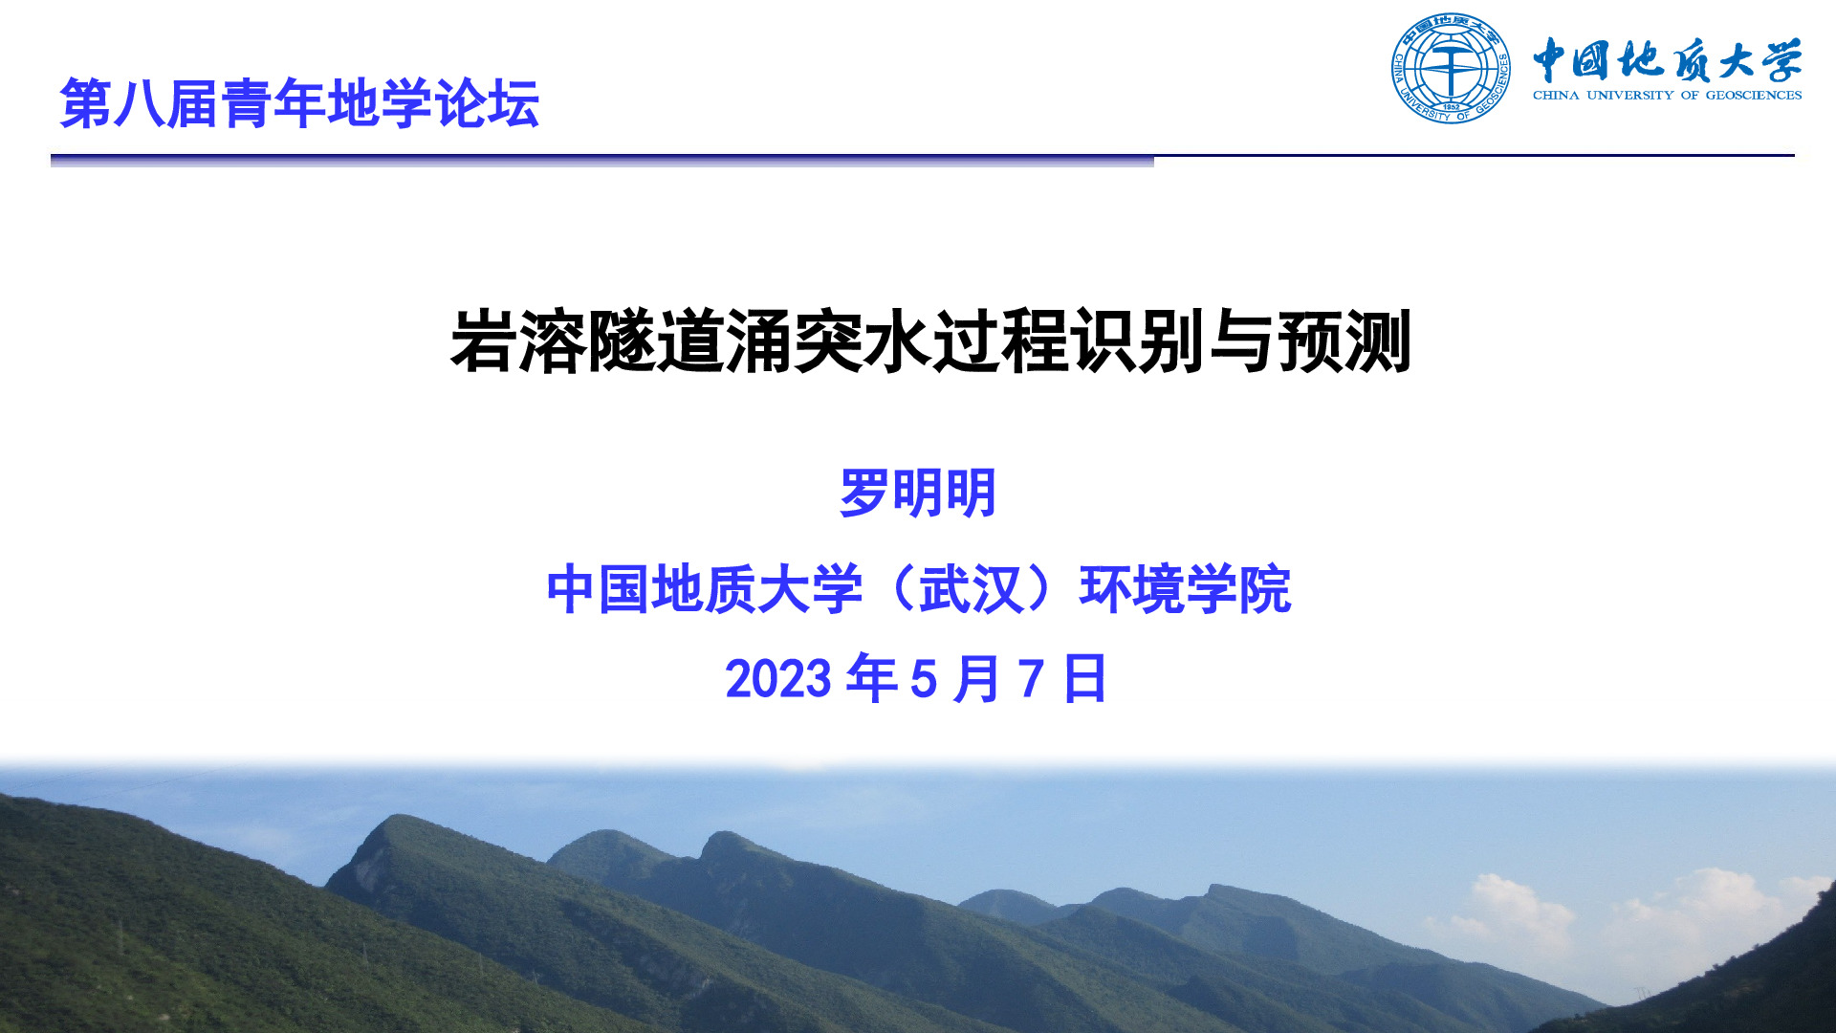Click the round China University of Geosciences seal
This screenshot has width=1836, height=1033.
coord(1451,69)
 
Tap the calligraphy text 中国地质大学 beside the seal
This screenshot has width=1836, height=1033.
coord(1668,61)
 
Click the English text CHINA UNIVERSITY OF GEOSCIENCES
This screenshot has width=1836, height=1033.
coord(1667,95)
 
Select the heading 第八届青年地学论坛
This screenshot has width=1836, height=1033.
coord(299,103)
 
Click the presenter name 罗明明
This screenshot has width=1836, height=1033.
coord(918,494)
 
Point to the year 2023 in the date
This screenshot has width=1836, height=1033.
coord(778,679)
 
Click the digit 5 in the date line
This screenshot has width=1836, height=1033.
coord(924,679)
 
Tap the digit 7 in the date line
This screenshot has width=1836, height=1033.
coord(1031,679)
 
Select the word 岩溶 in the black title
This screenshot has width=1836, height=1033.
coord(518,341)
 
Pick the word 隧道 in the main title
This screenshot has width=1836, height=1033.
coord(656,341)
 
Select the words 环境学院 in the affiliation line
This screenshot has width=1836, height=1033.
coord(1185,589)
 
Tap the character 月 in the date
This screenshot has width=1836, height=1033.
coord(976,679)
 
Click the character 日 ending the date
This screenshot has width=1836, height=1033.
coord(1084,679)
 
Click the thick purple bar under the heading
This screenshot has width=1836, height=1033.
coord(602,161)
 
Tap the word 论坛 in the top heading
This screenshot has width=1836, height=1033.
coord(487,103)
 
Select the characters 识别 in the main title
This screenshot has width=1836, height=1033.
coord(1138,341)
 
